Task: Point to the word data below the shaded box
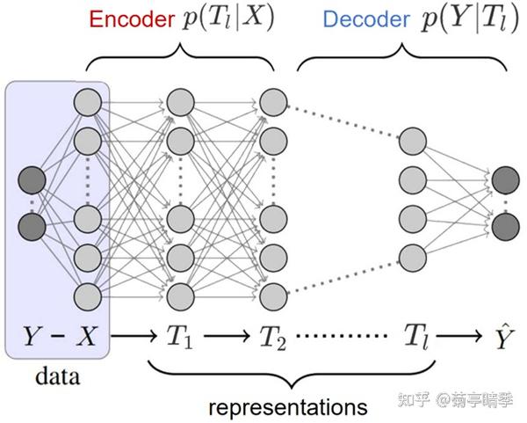(56, 377)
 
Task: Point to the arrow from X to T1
(131, 336)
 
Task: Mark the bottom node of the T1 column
(180, 294)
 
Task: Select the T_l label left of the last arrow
(416, 335)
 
